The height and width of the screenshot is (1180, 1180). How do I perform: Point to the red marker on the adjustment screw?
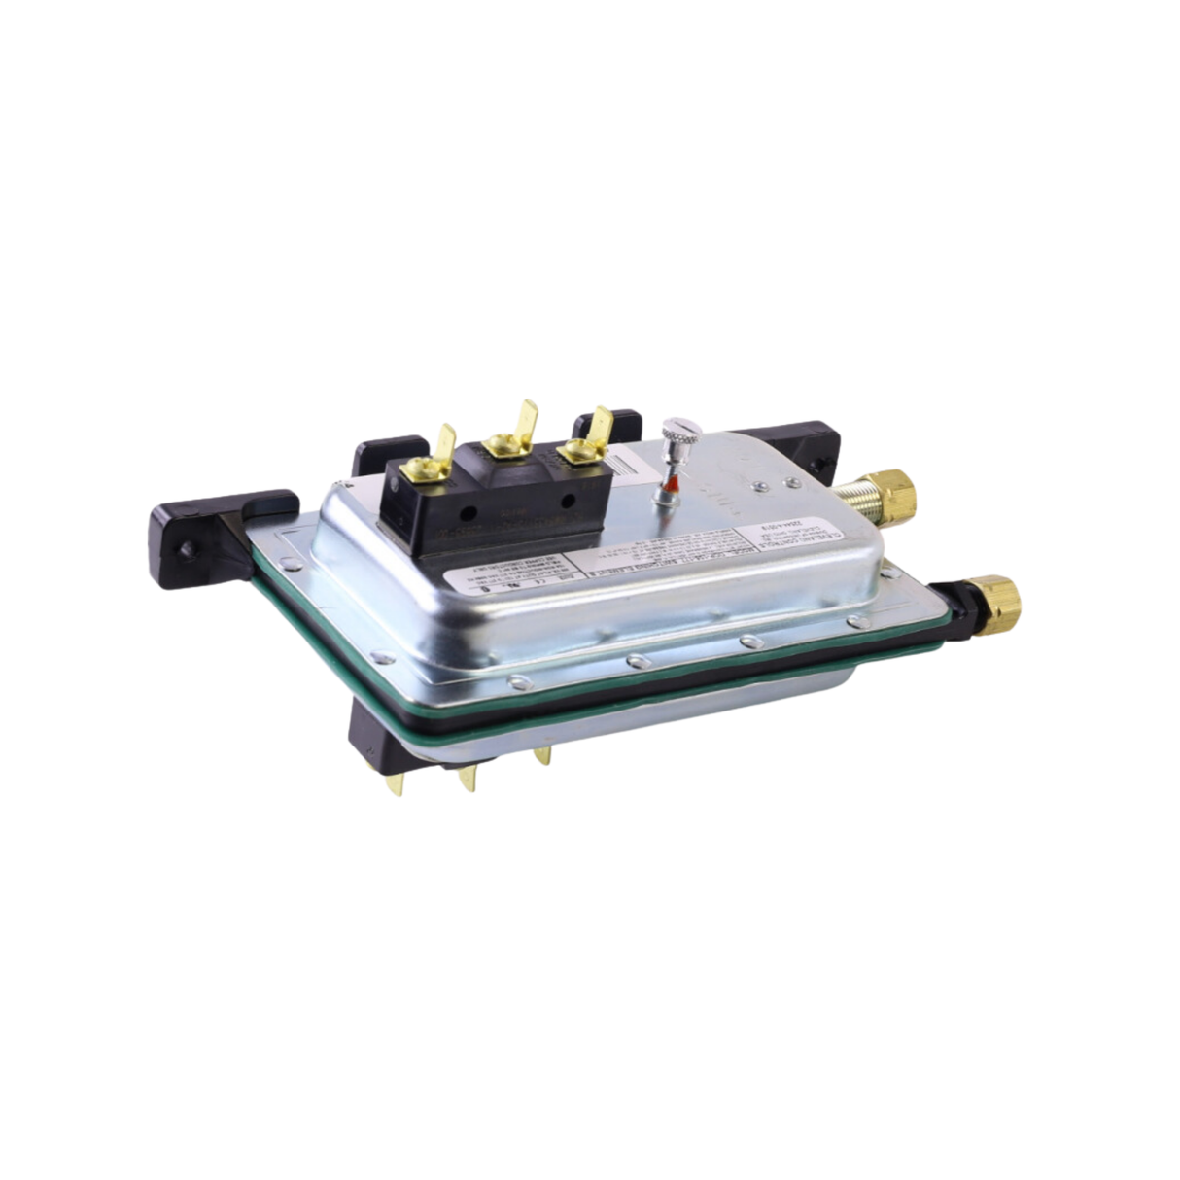671,481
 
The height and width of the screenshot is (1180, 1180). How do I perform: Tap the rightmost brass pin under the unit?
542,752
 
